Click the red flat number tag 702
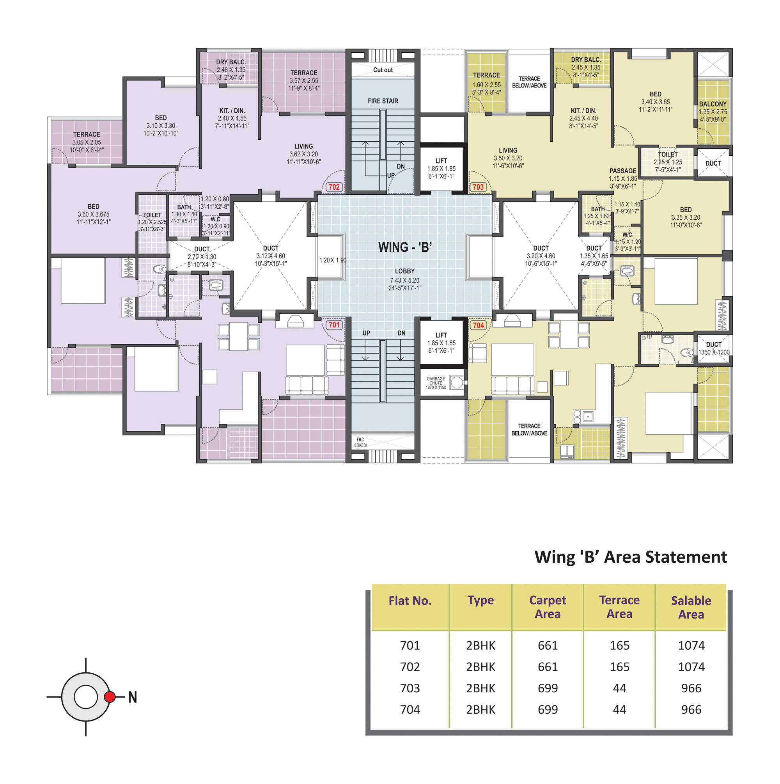[334, 187]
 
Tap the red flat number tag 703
[478, 187]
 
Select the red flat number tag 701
[334, 325]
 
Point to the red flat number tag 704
[478, 325]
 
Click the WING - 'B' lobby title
[405, 247]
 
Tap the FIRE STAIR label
[383, 101]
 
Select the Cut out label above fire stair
[383, 70]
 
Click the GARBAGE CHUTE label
[436, 380]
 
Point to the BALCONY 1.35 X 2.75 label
[713, 112]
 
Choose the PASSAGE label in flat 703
[622, 171]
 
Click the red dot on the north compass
[110, 697]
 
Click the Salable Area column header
[691, 607]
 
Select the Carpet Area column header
[548, 607]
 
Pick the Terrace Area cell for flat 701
[619, 645]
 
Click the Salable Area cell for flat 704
[691, 709]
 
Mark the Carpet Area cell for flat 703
[548, 688]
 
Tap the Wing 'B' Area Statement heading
[630, 557]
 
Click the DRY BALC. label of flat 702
[231, 62]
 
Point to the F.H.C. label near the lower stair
[360, 439]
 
